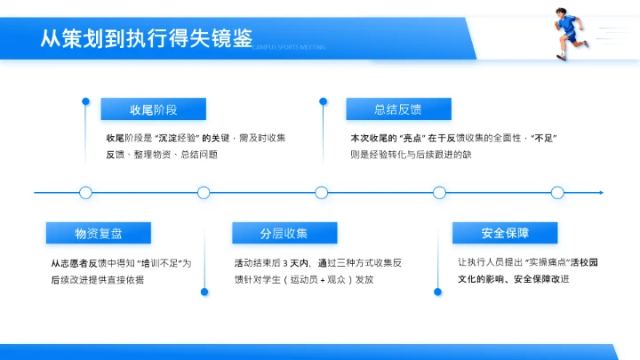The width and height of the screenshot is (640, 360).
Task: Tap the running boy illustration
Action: pos(569,33)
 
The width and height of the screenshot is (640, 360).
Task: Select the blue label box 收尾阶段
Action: pos(154,109)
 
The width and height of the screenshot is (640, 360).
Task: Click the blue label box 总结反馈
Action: pos(397,109)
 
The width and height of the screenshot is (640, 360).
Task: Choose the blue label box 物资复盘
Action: pos(98,233)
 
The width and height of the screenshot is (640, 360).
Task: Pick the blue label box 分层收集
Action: pos(284,233)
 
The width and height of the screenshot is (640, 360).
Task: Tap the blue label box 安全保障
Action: pos(505,233)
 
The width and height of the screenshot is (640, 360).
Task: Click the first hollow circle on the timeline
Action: pos(85,192)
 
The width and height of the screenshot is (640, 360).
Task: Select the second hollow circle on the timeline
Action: pos(204,192)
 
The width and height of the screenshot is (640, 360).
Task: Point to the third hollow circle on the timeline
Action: pos(321,192)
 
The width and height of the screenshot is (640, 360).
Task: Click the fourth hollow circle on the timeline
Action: pos(439,192)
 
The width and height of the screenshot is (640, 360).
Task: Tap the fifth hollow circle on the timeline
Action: pos(557,192)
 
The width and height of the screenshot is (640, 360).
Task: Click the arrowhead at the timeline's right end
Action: pos(602,192)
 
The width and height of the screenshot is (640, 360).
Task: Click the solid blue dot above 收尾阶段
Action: pos(85,100)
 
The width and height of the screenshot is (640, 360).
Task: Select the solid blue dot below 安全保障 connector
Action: pos(438,291)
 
